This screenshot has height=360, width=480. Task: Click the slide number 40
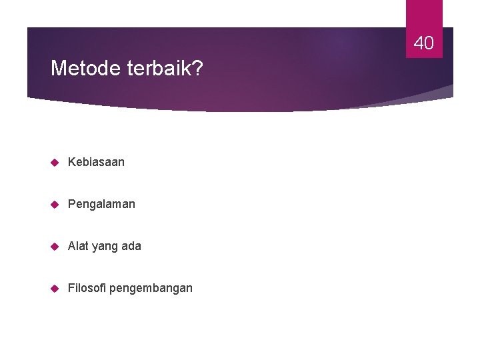(424, 44)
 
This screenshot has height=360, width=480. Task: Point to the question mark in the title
(198, 68)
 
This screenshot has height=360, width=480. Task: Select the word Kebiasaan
(96, 162)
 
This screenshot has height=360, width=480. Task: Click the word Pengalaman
(101, 204)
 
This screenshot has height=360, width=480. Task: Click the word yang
(103, 247)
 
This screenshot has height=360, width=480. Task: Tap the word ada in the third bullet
(131, 246)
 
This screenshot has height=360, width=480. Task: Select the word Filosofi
(86, 288)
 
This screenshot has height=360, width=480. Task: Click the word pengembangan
(151, 289)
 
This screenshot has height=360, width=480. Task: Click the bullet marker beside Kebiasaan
(55, 162)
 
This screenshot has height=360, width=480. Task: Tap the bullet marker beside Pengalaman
(55, 204)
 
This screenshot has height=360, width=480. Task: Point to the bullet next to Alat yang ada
(55, 246)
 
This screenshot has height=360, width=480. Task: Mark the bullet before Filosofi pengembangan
(55, 288)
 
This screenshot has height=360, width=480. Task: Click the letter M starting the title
(58, 68)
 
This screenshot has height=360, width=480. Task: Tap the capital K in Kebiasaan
(71, 162)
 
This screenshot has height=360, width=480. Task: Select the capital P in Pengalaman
(71, 204)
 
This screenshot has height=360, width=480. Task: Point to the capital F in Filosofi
(71, 288)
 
